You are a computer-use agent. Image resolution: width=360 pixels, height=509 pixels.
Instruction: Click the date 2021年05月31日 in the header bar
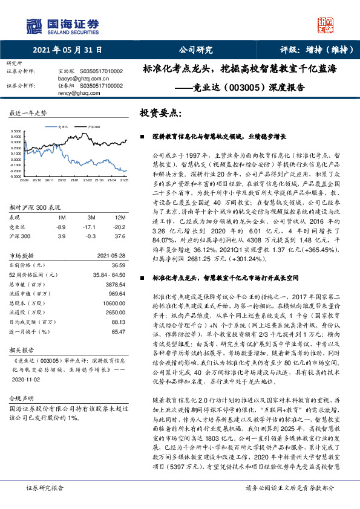click(x=67, y=50)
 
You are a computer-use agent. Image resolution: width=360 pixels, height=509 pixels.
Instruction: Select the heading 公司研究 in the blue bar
click(x=195, y=50)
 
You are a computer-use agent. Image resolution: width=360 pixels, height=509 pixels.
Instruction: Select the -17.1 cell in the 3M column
click(x=91, y=225)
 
